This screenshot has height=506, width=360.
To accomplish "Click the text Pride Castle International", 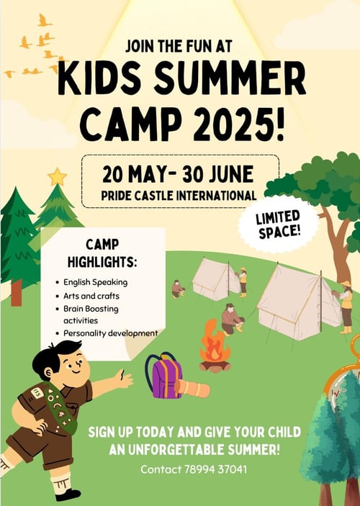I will pos(179,195).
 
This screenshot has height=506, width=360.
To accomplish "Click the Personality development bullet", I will pos(110,333).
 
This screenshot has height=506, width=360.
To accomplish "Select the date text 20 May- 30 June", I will pos(179,173).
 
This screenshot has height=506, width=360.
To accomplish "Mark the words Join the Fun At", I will pos(179,46).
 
